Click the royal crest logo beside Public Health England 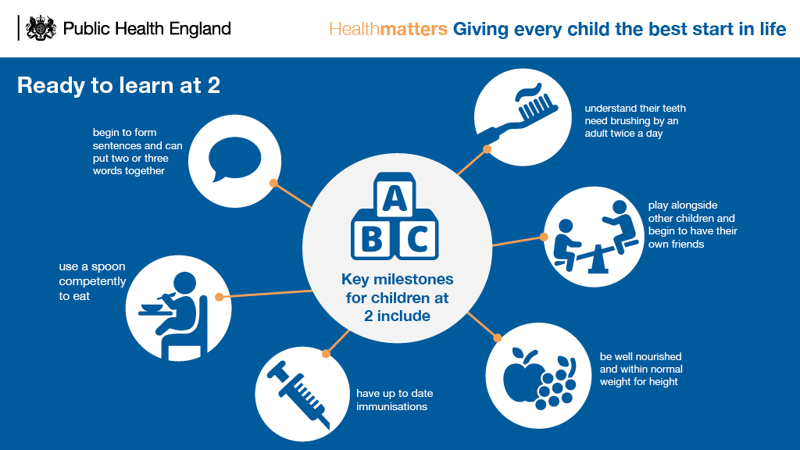(x=41, y=29)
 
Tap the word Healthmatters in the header (x=388, y=30)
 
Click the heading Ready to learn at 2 (x=119, y=85)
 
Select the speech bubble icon (x=234, y=160)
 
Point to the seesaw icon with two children (x=591, y=235)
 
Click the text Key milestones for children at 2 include (x=397, y=298)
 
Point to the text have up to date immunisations (x=395, y=400)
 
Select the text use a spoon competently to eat (x=92, y=281)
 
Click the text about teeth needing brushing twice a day (x=635, y=120)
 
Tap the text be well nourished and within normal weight (x=641, y=369)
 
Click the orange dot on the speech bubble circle (x=273, y=183)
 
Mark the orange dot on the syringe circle (x=326, y=353)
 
